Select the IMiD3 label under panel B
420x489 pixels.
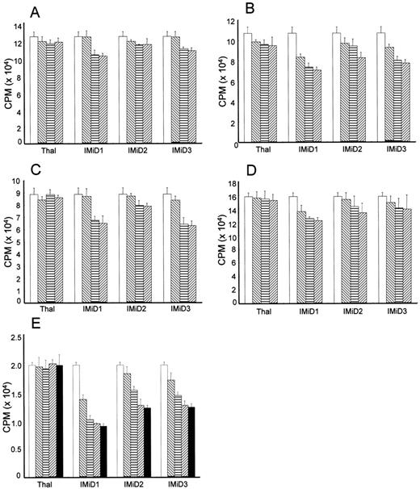coord(390,150)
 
